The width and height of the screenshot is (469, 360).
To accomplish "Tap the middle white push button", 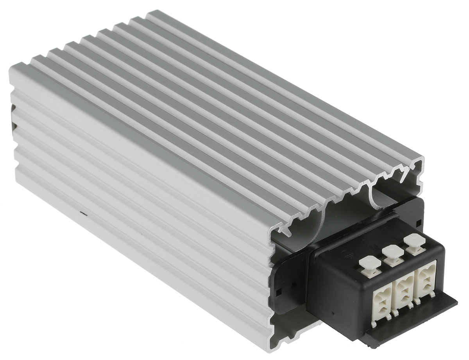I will (x=392, y=252).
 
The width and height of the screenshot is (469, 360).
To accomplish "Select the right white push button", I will (x=414, y=241).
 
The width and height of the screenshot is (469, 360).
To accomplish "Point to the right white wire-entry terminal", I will (x=426, y=277).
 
